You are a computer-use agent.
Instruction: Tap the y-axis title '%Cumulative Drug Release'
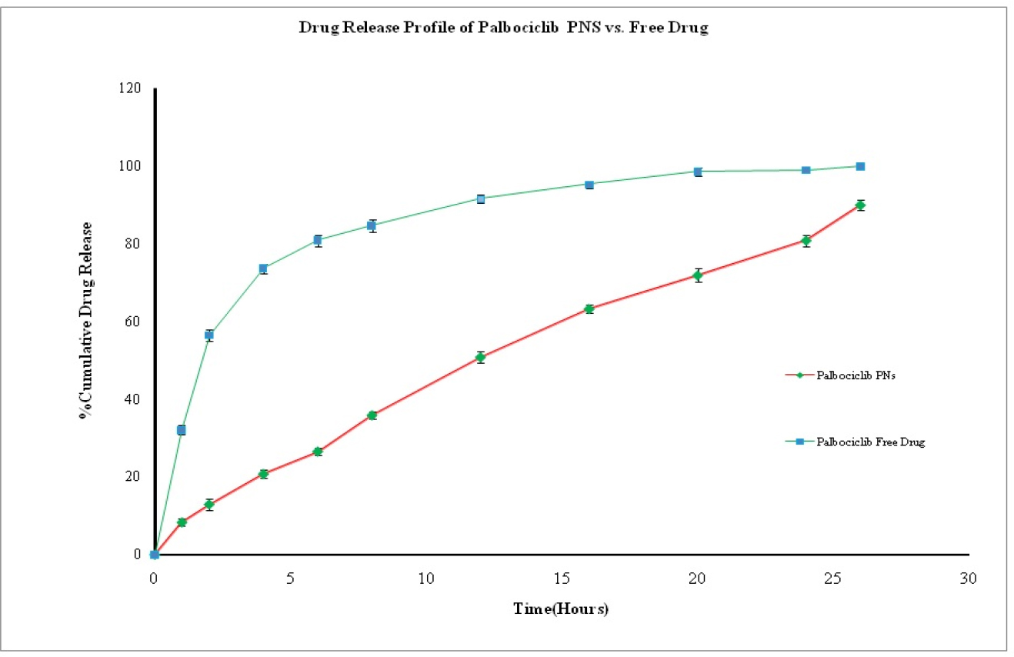click(87, 321)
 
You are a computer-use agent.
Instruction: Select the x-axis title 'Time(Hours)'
click(561, 609)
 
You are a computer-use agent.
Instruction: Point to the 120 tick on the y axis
click(132, 88)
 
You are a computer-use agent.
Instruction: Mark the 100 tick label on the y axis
click(132, 166)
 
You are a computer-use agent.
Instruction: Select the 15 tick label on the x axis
click(562, 578)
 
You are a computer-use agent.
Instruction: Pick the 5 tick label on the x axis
click(290, 578)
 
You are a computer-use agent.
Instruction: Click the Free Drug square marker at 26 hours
click(860, 166)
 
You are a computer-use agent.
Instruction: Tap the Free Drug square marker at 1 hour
click(182, 430)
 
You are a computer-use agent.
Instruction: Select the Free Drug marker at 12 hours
click(480, 198)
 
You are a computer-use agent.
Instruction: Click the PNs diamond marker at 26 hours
click(860, 205)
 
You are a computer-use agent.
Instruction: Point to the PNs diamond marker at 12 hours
click(480, 357)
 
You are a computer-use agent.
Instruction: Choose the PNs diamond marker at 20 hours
click(697, 275)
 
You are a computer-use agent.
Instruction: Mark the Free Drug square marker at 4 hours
click(263, 268)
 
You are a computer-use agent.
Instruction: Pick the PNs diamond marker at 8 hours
click(372, 415)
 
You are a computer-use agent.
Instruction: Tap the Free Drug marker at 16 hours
click(589, 185)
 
